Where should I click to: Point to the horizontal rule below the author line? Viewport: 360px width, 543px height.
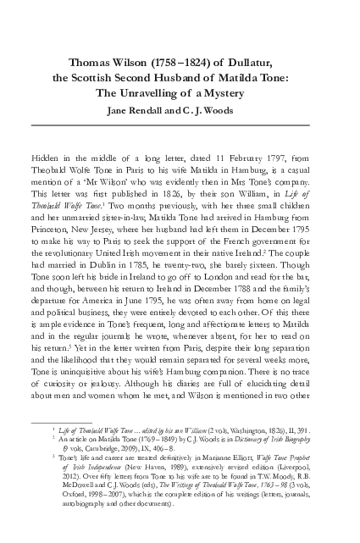point(180,125)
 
